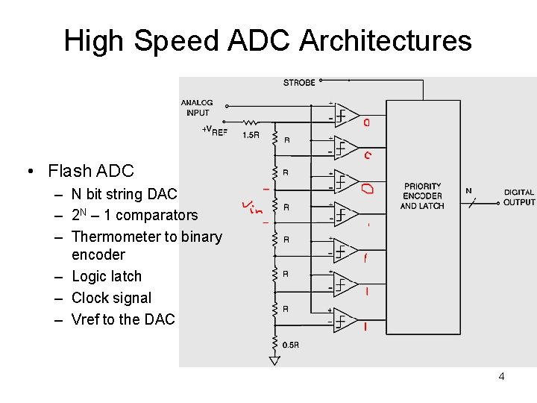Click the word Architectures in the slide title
(x=386, y=40)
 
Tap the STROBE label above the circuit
(x=299, y=83)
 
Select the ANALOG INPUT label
(x=197, y=107)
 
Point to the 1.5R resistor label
(x=251, y=135)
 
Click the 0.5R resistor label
(x=290, y=345)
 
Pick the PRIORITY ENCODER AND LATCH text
(x=422, y=196)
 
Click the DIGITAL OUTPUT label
(x=519, y=197)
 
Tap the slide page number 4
(x=501, y=376)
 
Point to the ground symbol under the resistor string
(x=274, y=360)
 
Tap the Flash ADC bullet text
(x=90, y=171)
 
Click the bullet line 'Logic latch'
(x=107, y=276)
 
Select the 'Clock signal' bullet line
(x=111, y=298)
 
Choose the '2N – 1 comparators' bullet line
(x=134, y=215)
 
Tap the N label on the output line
(x=468, y=190)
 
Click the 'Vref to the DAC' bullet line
(x=123, y=319)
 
